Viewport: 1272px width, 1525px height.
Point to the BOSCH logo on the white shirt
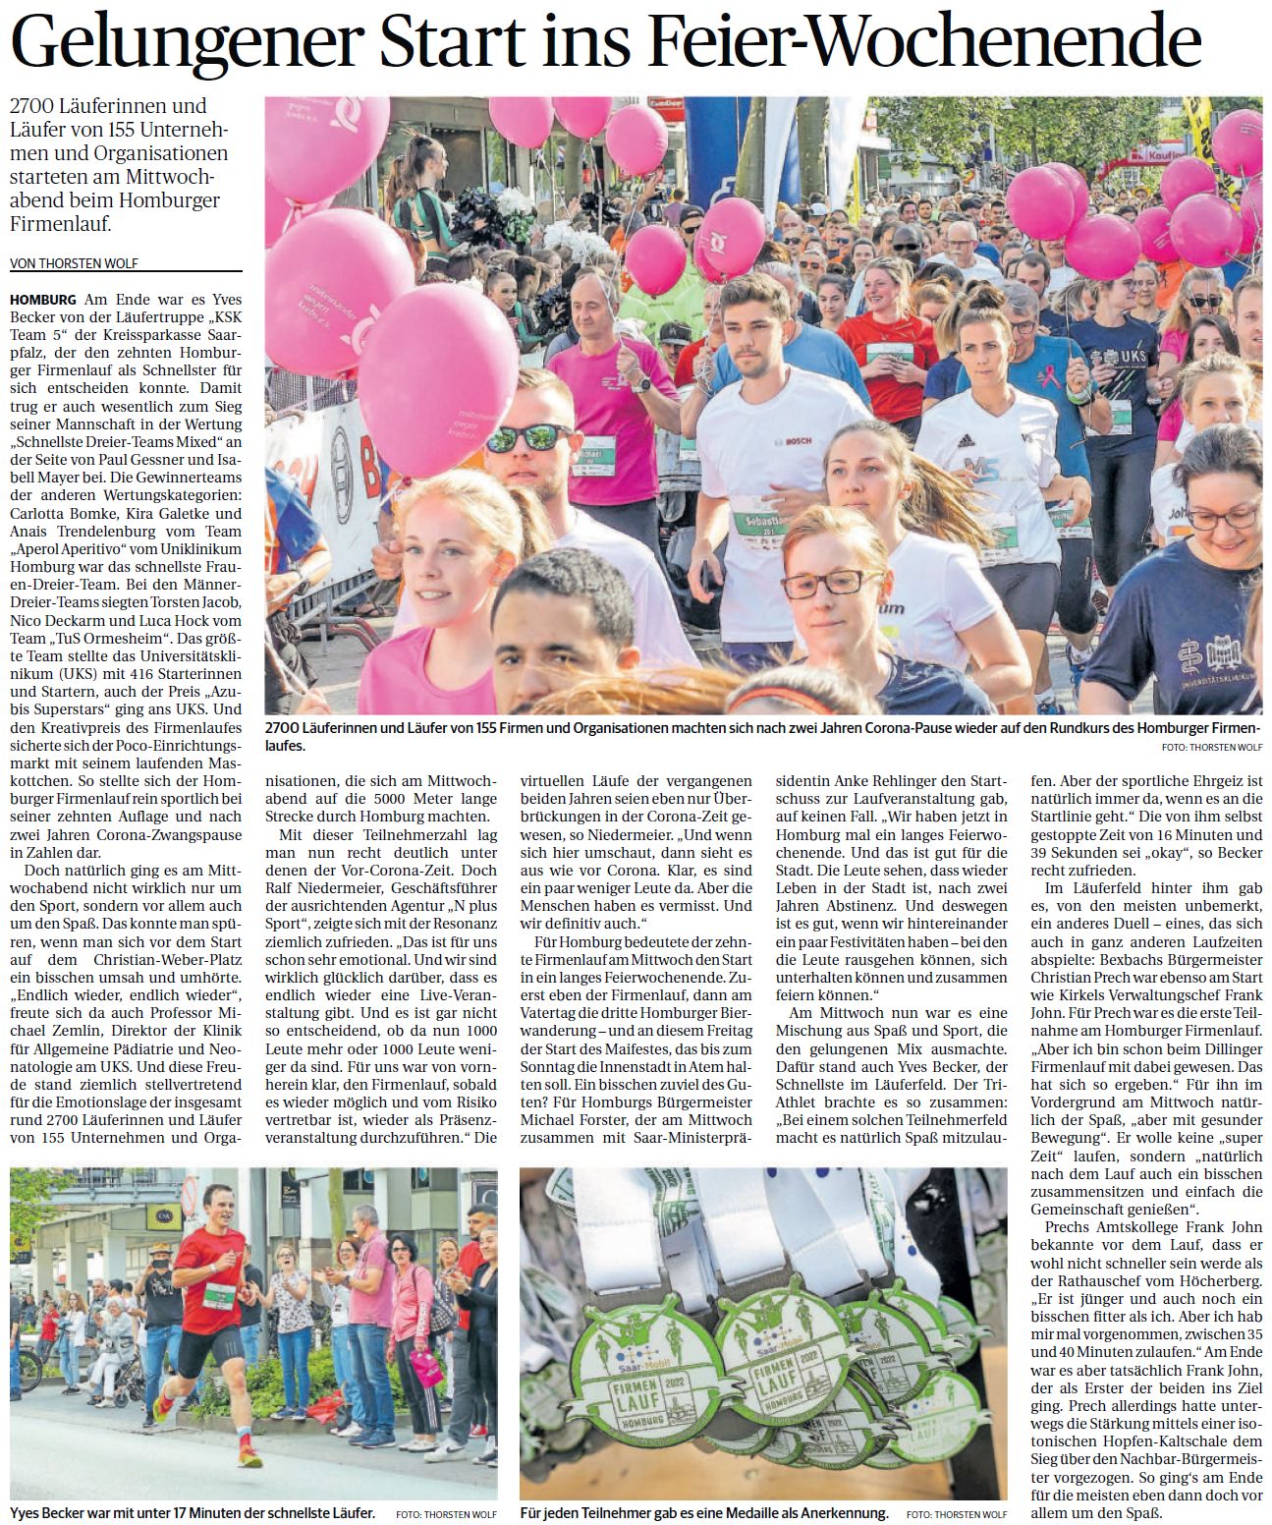[x=797, y=441]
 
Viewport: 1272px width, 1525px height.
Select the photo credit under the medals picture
[x=957, y=1514]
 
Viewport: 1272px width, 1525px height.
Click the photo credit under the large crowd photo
[x=1210, y=747]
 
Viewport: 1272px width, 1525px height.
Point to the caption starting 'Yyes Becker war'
[x=192, y=1513]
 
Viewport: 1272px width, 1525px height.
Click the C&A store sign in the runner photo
[x=157, y=1216]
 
